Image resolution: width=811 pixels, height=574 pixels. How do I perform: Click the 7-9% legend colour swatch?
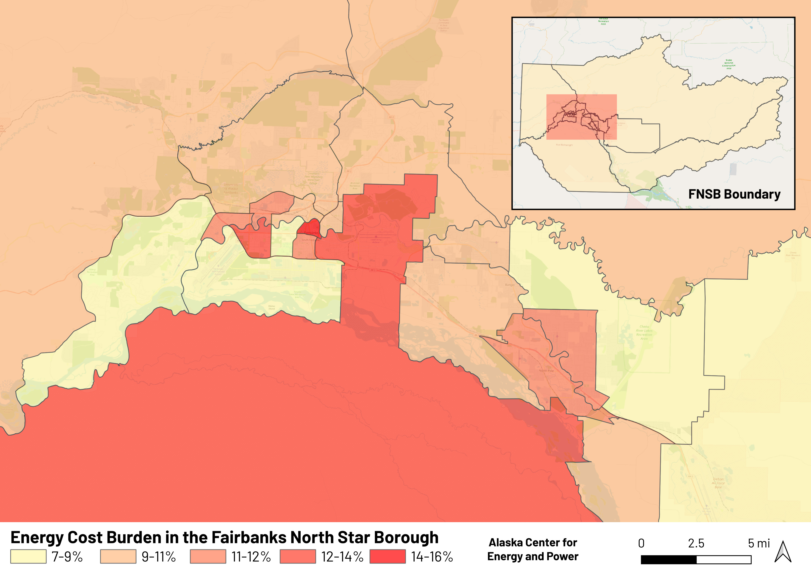(28, 556)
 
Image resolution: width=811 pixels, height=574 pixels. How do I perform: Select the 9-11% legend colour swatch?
(118, 556)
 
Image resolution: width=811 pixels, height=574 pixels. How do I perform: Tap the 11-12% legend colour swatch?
(208, 556)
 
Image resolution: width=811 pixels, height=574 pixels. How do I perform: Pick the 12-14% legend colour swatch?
(297, 556)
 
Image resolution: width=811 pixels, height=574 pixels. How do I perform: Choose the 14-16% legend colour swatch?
(388, 556)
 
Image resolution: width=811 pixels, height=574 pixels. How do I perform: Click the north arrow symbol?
(783, 552)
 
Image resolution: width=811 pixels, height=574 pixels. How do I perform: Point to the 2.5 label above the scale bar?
(696, 543)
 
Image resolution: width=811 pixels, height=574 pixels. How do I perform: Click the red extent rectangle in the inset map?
(581, 117)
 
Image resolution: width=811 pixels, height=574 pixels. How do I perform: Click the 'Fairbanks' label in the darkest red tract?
(311, 233)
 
